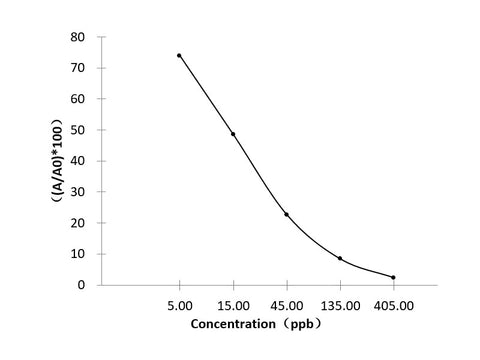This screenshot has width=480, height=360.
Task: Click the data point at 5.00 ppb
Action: pos(179,55)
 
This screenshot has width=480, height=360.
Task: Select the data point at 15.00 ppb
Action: pos(233,134)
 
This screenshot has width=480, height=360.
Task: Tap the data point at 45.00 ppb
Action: pos(286,214)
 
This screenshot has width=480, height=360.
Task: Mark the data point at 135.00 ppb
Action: pos(340,258)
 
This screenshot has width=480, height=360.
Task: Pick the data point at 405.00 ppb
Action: pos(393,277)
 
